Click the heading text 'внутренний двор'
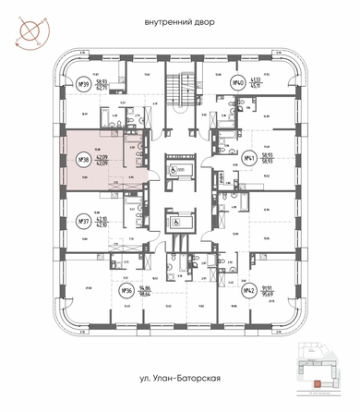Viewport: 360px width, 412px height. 180,21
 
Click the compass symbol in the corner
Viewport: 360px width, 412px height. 23,28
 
